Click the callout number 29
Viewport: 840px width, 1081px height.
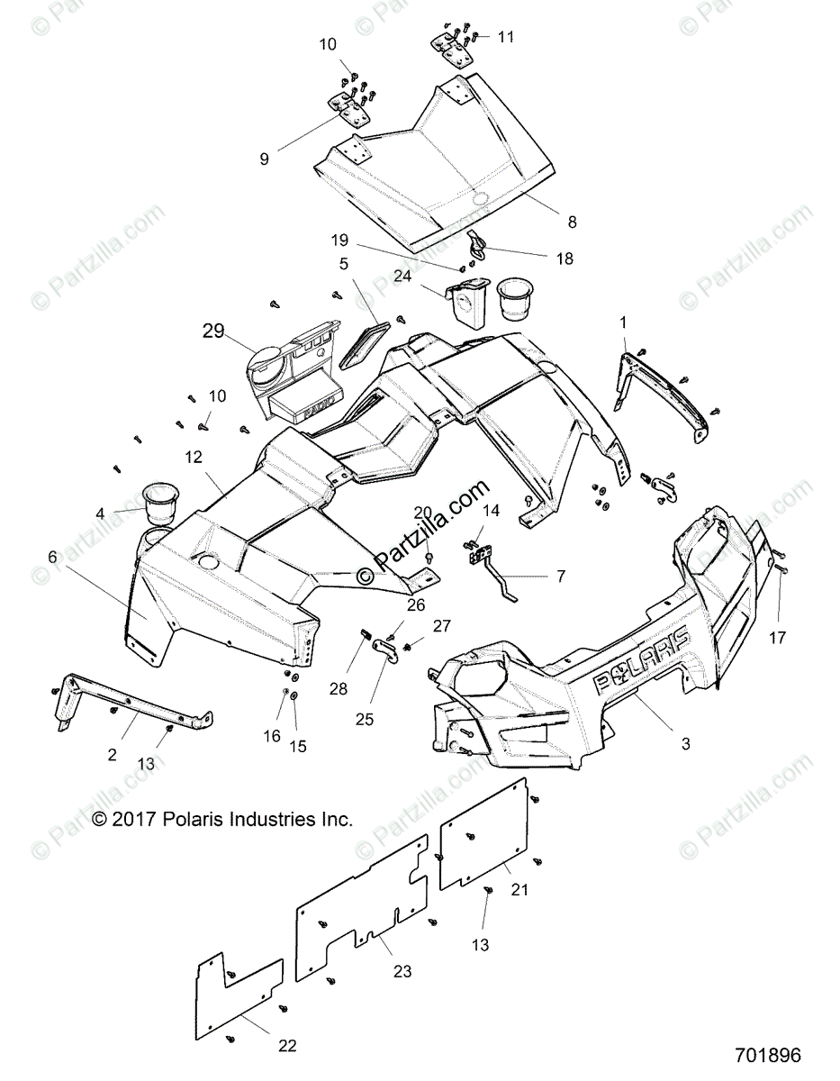(x=212, y=332)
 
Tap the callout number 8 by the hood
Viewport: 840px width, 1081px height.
(x=573, y=222)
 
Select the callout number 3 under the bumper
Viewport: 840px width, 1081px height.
(x=686, y=744)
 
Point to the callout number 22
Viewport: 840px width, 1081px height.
(x=287, y=1046)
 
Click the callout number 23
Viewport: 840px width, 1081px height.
(x=402, y=971)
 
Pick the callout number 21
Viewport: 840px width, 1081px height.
(x=544, y=889)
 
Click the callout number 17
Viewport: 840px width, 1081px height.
(x=777, y=638)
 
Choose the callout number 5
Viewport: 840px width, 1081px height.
(x=343, y=264)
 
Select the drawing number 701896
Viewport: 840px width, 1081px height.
(x=765, y=1055)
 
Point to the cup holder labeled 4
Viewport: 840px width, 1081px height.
(x=159, y=504)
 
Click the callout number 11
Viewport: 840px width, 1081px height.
(x=506, y=37)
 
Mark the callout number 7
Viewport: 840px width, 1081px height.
(x=561, y=575)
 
